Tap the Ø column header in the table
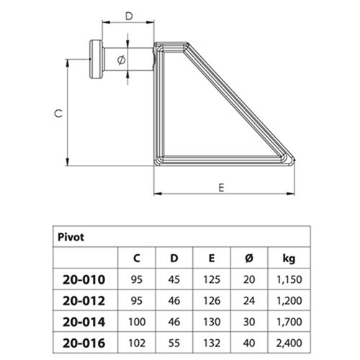[248, 257]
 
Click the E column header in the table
[212, 257]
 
